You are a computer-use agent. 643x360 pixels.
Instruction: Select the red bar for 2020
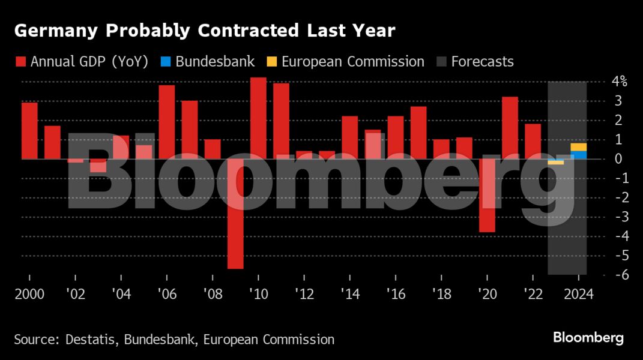click(487, 195)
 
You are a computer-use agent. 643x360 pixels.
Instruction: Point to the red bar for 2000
click(29, 131)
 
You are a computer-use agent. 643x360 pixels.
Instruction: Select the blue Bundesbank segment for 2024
click(579, 155)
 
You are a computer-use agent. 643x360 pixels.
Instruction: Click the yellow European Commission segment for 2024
click(579, 147)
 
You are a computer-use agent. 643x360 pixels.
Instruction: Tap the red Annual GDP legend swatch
click(20, 62)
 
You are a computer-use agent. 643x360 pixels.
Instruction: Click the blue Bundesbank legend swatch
click(166, 62)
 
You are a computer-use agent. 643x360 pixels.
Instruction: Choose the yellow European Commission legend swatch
click(271, 62)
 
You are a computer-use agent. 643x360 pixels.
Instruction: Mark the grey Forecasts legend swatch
click(441, 62)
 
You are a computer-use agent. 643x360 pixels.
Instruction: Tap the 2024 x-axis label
click(579, 295)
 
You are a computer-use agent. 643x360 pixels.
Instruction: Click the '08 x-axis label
click(213, 295)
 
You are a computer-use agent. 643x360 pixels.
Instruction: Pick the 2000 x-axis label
click(29, 295)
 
